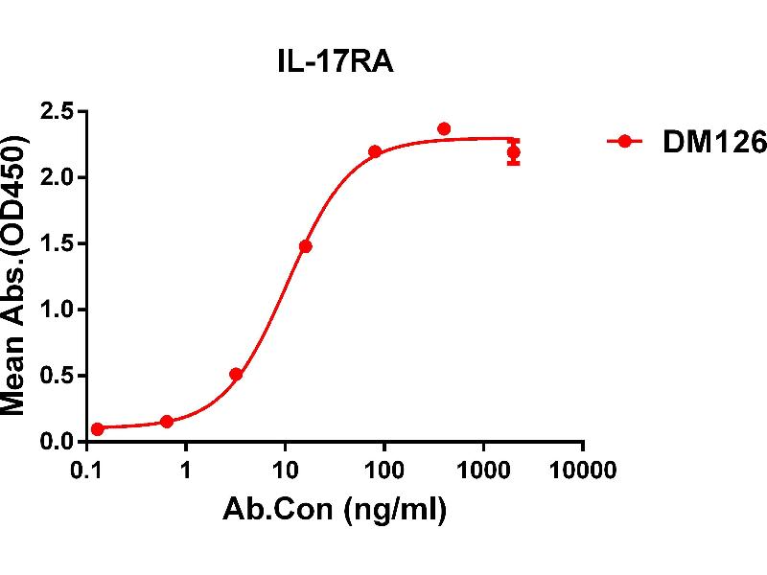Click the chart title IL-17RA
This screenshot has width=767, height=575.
tap(328, 64)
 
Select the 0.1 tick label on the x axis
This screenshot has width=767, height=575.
tap(87, 471)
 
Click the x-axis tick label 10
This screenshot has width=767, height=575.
tap(285, 471)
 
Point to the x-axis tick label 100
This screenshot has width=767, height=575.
tap(384, 471)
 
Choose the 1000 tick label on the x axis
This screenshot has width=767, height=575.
tap(483, 471)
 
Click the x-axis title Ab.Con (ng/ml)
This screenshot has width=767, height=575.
tap(335, 511)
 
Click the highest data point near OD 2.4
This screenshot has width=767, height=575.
tap(444, 128)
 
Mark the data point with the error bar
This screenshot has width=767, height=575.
tap(514, 152)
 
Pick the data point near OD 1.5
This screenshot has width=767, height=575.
tap(306, 246)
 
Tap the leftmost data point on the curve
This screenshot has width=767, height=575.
tap(98, 429)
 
